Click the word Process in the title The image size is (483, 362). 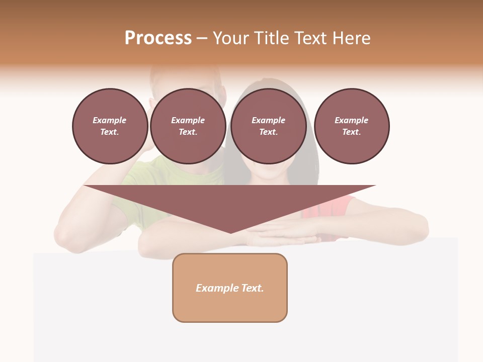[158, 38]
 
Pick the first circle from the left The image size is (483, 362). [110, 126]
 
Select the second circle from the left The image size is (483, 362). [188, 126]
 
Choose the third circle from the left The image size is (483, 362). [268, 126]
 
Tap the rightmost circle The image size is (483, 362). [351, 126]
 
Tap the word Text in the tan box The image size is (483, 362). [253, 288]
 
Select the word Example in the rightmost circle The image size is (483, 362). [351, 120]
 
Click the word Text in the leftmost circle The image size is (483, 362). [109, 132]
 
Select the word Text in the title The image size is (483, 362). [311, 38]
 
